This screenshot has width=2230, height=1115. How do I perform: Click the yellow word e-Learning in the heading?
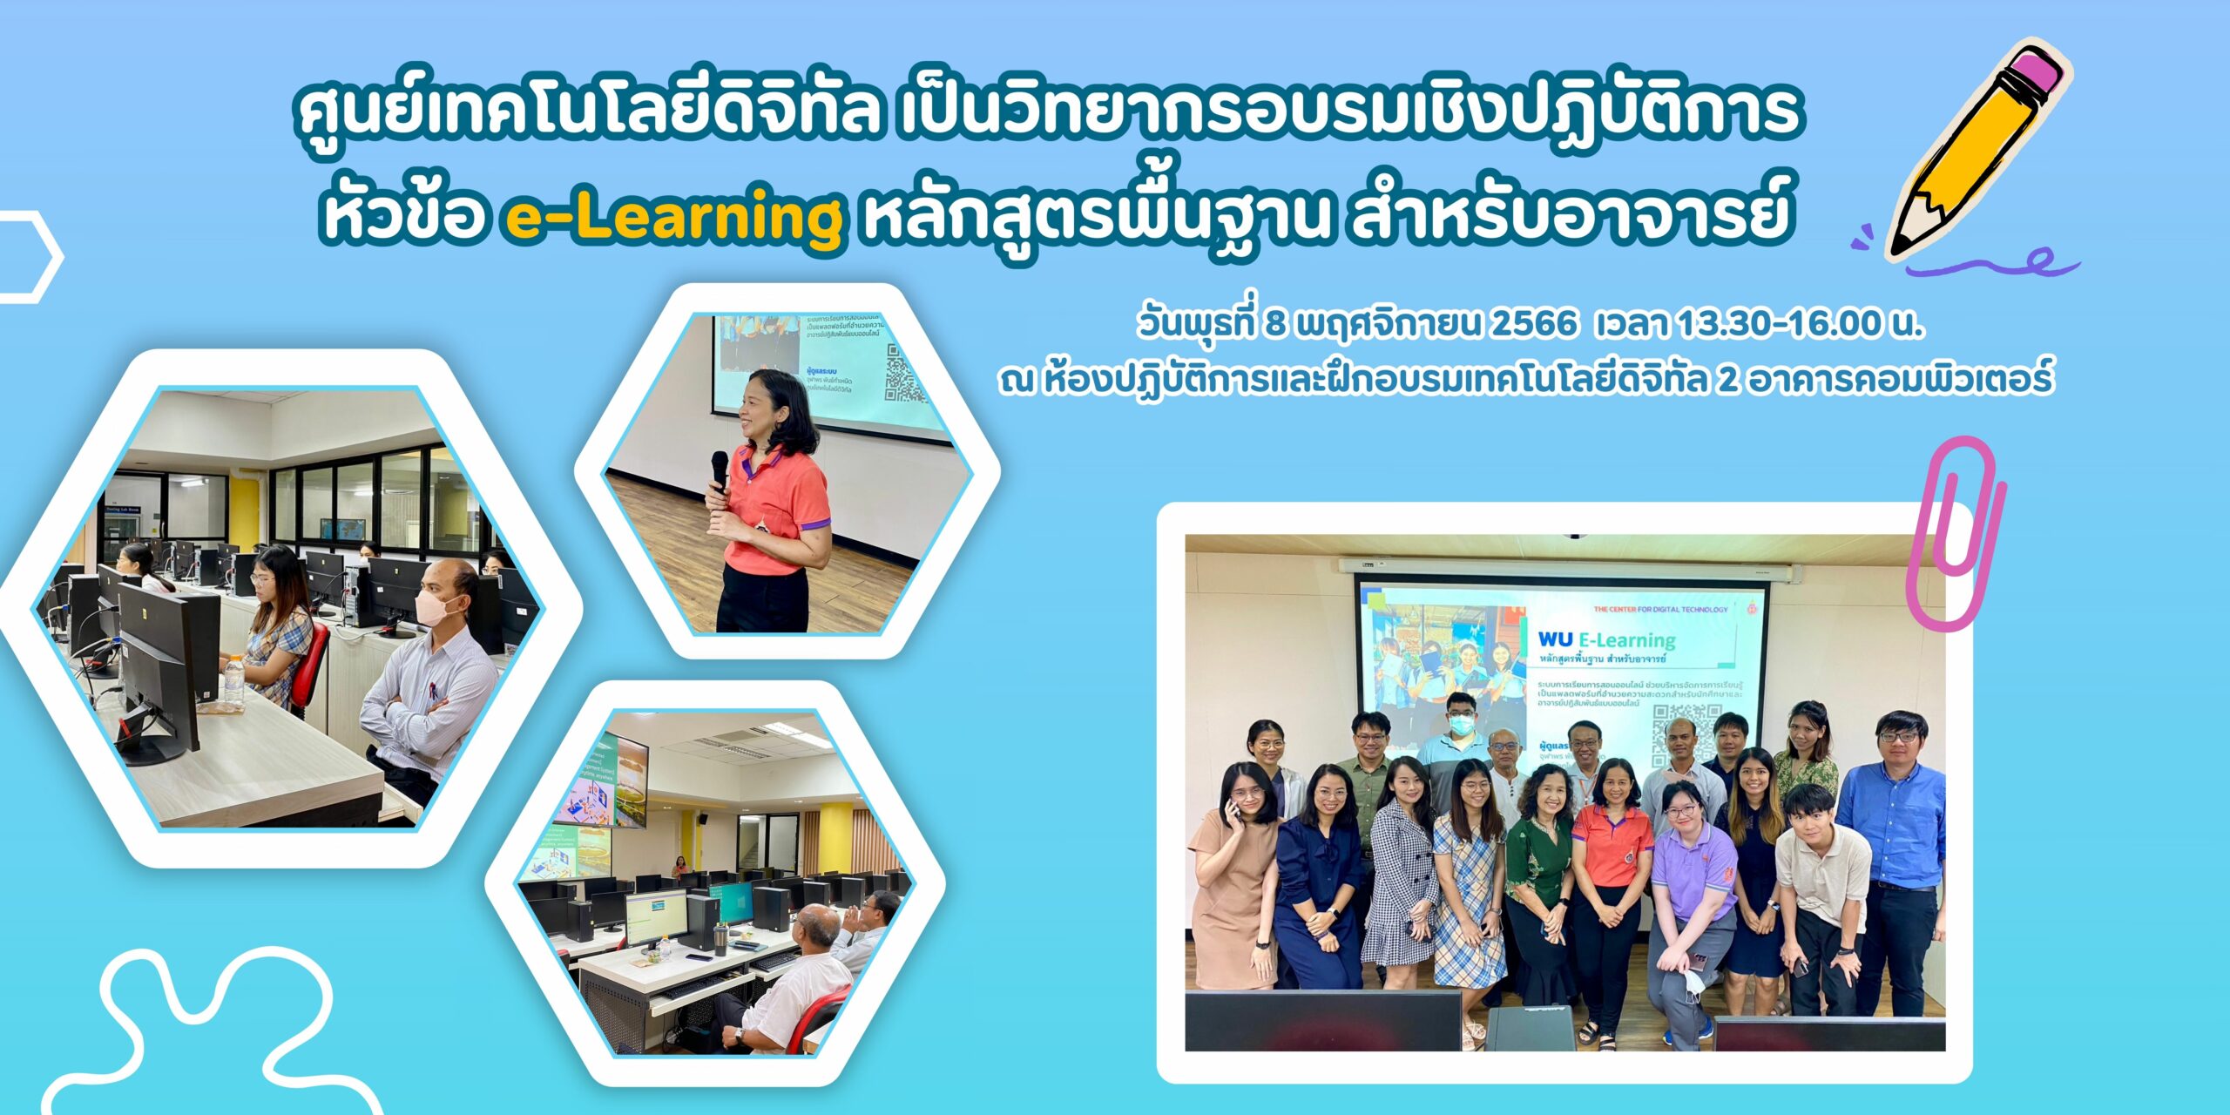click(673, 219)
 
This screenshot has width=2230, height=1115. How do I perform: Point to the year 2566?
click(1534, 324)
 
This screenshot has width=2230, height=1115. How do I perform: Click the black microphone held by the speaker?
click(720, 471)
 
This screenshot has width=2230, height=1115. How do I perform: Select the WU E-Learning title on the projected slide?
click(1606, 640)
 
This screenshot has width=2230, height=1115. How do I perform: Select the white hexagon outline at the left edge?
click(30, 258)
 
